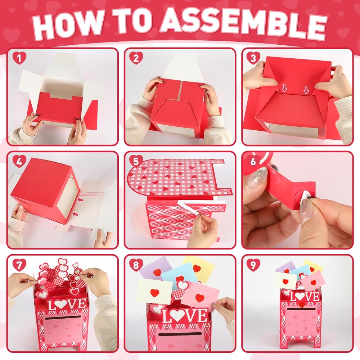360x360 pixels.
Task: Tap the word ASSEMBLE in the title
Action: pyautogui.click(x=243, y=23)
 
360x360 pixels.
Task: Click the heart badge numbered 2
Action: pyautogui.click(x=136, y=58)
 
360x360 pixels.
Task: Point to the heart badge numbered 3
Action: pyautogui.click(x=253, y=58)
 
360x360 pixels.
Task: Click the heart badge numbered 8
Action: pyautogui.click(x=136, y=265)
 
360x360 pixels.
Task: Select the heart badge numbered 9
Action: pyautogui.click(x=253, y=265)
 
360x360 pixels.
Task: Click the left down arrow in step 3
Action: pyautogui.click(x=284, y=88)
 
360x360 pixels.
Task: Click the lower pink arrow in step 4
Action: pyautogui.click(x=75, y=214)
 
